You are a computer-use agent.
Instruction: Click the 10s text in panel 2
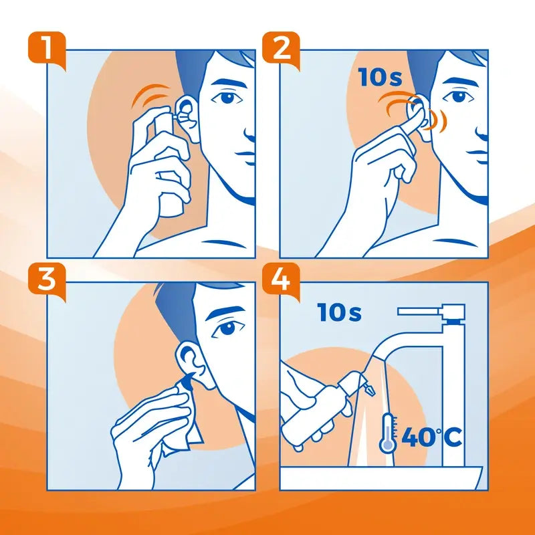381,78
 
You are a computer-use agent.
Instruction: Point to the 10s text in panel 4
340,311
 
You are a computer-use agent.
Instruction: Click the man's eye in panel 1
227,98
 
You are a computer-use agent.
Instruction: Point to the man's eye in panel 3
227,328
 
